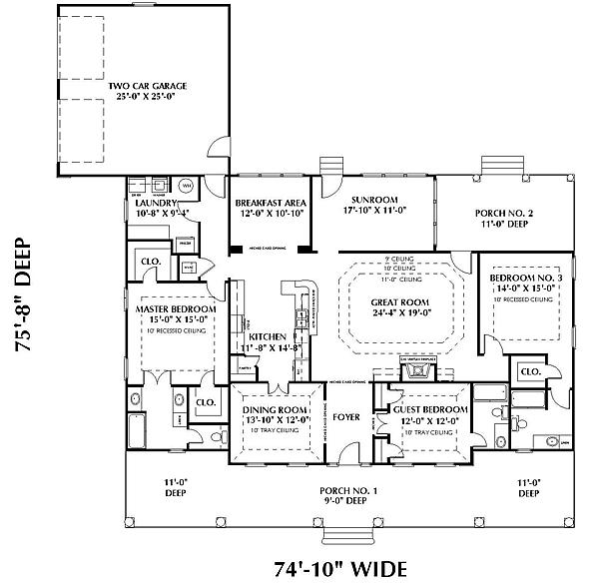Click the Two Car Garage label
148,86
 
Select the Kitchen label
268,336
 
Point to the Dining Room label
274,409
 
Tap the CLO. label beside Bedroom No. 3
530,371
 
